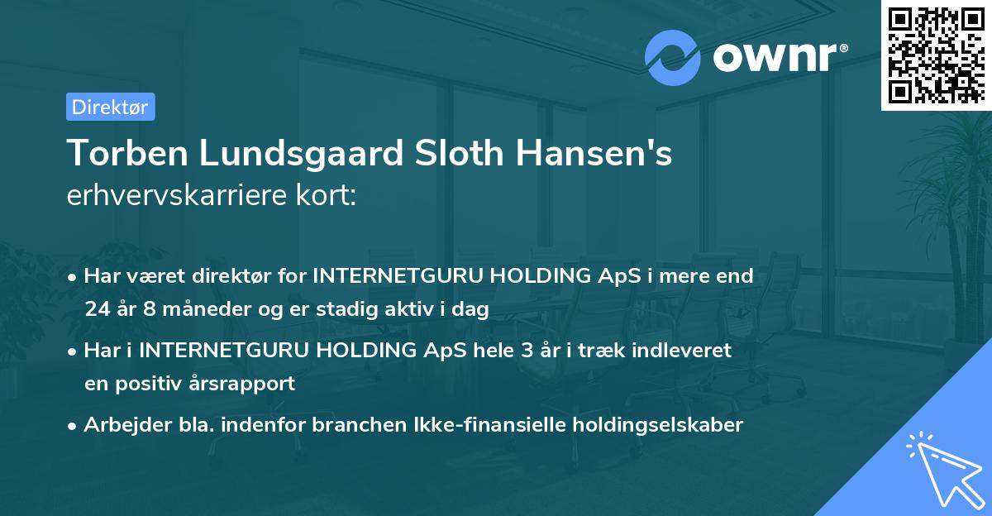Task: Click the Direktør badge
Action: click(x=110, y=107)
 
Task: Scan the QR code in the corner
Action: click(x=935, y=55)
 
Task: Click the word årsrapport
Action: click(x=249, y=384)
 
